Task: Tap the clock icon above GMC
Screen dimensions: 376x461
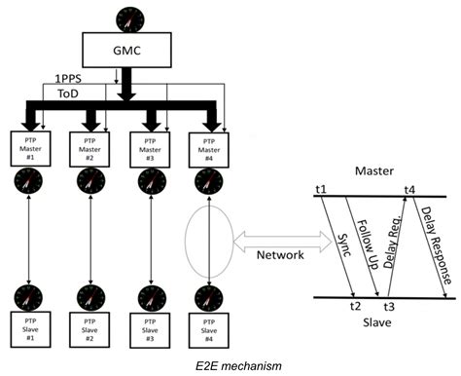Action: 124,17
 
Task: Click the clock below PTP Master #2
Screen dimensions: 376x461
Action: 89,181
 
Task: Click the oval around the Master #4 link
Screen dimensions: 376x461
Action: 207,238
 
